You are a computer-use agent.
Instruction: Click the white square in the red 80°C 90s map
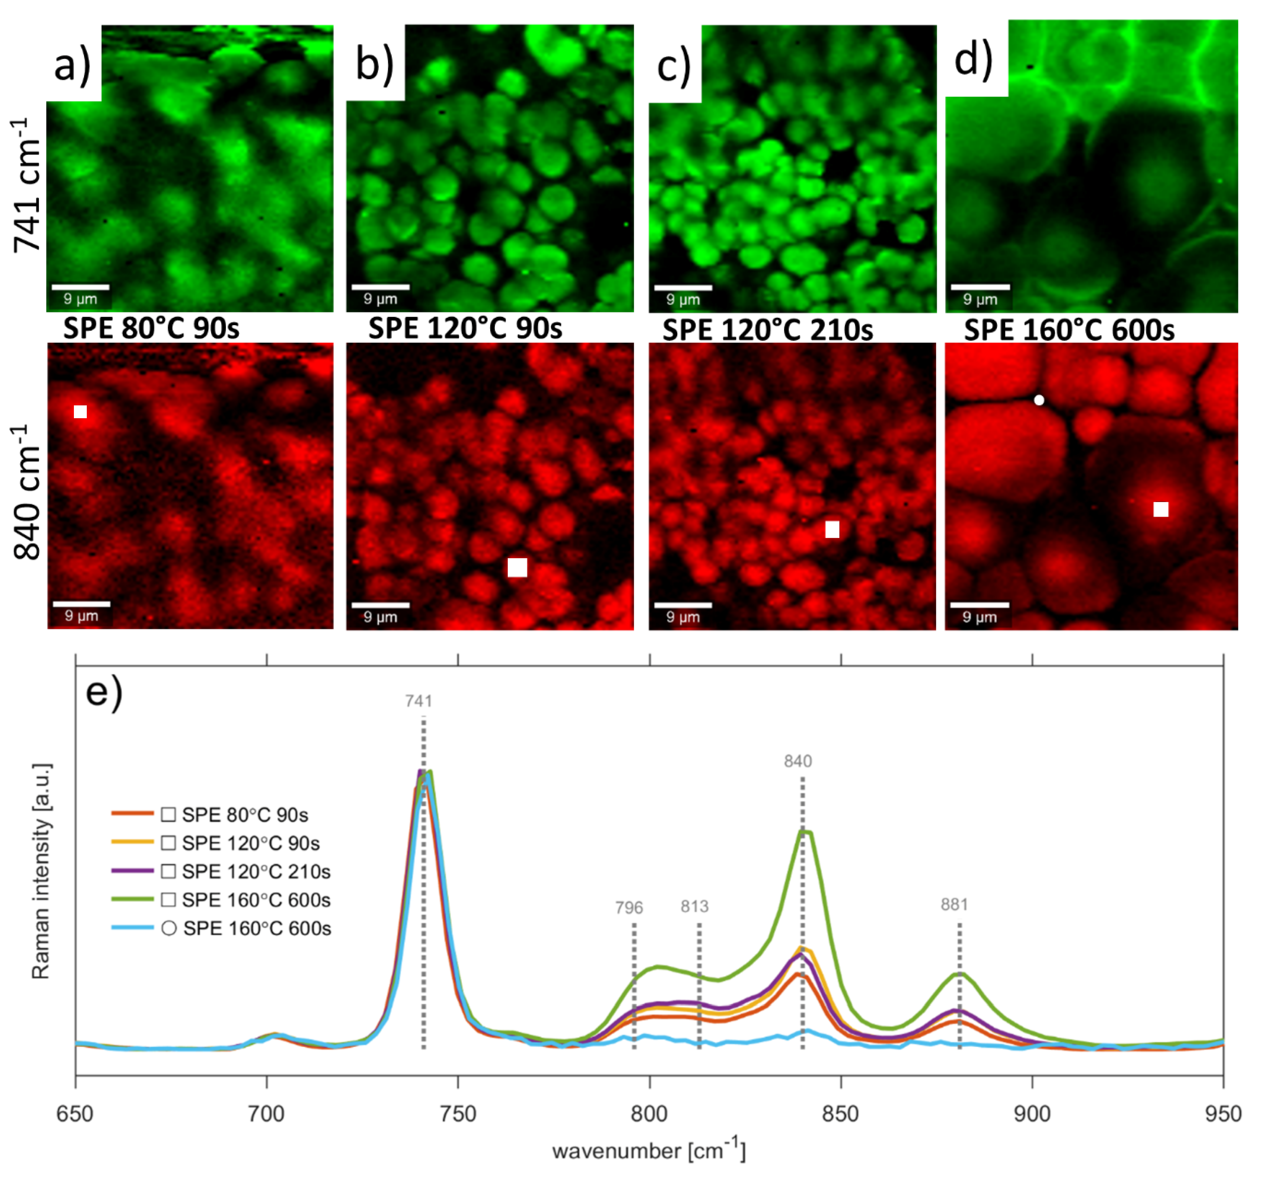[x=80, y=412]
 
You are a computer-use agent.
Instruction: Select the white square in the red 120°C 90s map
[x=517, y=567]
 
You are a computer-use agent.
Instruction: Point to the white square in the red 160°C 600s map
[x=1161, y=509]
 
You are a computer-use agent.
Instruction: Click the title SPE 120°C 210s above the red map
[x=768, y=330]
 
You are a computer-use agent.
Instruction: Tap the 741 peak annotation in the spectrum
[x=419, y=701]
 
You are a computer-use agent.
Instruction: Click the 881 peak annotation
[x=954, y=905]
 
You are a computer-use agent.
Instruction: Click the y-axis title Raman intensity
[x=41, y=871]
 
